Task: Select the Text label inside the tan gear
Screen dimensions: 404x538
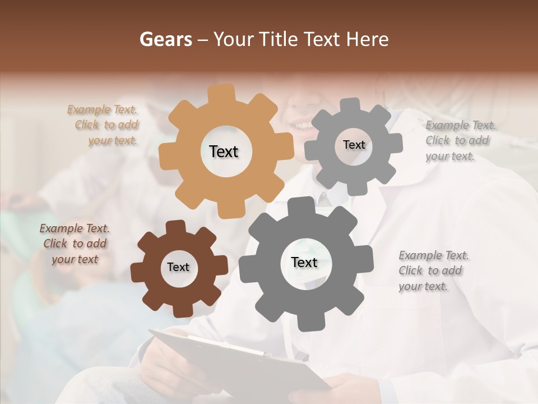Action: pos(224,151)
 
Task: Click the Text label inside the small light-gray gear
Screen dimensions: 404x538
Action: pos(354,145)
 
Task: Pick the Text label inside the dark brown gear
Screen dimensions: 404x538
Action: pos(178,267)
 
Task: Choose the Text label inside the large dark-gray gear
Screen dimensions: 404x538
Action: pos(304,262)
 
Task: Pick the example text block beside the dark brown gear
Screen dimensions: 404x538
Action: pos(75,244)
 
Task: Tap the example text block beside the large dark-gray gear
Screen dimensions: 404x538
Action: pos(432,271)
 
